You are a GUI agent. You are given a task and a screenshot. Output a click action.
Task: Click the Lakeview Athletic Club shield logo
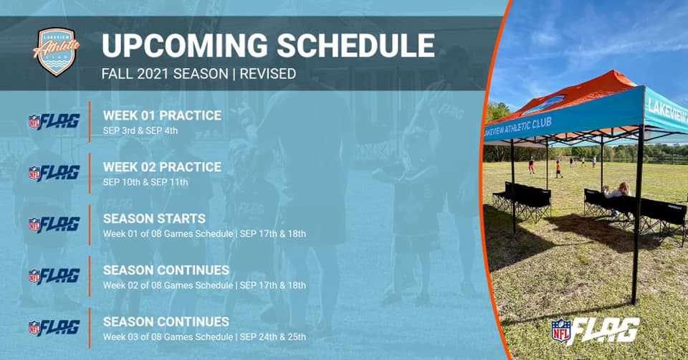pyautogui.click(x=56, y=52)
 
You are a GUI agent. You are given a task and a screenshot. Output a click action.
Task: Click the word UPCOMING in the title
pyautogui.click(x=185, y=46)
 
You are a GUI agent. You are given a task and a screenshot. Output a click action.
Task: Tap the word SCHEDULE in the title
pyautogui.click(x=356, y=46)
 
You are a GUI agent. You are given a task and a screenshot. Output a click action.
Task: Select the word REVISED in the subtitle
pyautogui.click(x=267, y=74)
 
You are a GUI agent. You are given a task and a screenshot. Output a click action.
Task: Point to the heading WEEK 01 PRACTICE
pyautogui.click(x=163, y=115)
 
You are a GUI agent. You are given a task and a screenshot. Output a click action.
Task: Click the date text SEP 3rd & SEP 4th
pyautogui.click(x=140, y=131)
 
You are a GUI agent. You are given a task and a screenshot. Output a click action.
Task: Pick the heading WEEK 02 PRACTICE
pyautogui.click(x=163, y=167)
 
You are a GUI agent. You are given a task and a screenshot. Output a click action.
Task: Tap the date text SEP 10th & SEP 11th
pyautogui.click(x=145, y=181)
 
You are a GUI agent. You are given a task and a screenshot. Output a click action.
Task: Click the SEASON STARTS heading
pyautogui.click(x=155, y=219)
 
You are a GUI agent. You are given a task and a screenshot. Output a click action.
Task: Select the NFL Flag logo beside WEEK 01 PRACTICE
pyautogui.click(x=54, y=122)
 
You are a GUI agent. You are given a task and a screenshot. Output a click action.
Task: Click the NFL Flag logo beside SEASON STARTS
pyautogui.click(x=54, y=224)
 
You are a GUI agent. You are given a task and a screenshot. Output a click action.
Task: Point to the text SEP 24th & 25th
pyautogui.click(x=273, y=337)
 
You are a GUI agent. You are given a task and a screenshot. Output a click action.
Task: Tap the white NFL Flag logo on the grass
pyautogui.click(x=596, y=331)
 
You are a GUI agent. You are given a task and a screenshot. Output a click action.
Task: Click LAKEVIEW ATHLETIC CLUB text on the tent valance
pyautogui.click(x=517, y=128)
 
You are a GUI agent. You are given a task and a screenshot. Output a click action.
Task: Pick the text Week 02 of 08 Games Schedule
pyautogui.click(x=168, y=285)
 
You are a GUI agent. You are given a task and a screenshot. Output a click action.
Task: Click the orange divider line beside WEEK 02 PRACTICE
pyautogui.click(x=90, y=174)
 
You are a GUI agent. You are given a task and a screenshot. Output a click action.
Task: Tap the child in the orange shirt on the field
pyautogui.click(x=558, y=169)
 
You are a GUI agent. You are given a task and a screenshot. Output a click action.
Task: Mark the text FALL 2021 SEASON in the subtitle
pyautogui.click(x=165, y=74)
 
